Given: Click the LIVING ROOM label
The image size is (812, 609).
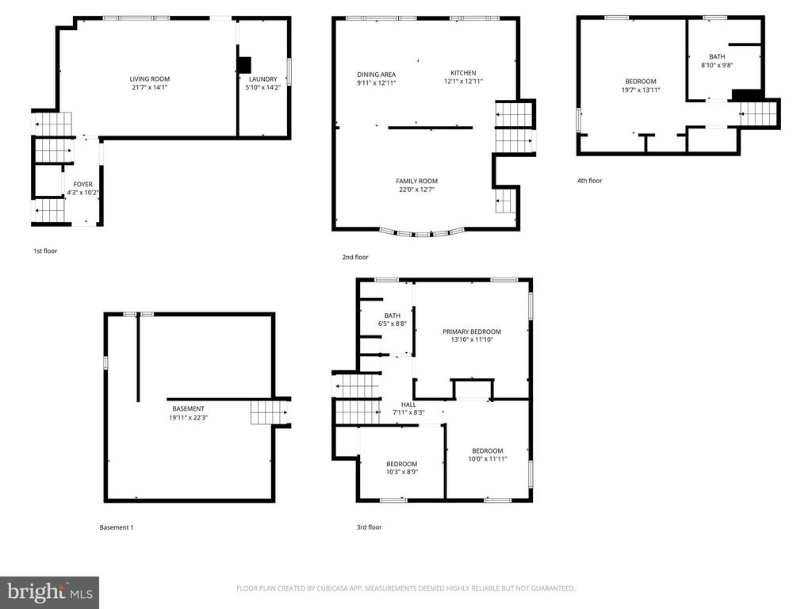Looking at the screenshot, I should coord(150,79).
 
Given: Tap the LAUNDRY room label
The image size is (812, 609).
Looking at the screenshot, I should coord(262,79).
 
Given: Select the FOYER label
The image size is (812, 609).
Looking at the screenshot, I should coord(83,185).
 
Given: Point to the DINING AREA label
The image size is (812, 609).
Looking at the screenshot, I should coord(376,75).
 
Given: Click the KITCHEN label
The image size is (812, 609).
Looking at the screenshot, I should coord(463,73).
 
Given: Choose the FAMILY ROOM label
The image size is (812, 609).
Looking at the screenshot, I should coord(416,182).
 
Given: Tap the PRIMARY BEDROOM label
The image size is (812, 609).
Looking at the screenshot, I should coord(472,332).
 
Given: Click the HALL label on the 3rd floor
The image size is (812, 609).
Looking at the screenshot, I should coord(408,404).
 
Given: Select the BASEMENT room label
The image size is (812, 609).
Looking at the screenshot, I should coord(188,409).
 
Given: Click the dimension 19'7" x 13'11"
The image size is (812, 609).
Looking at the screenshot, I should coord(641,90).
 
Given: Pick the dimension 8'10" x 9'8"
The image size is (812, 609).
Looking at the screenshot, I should coord(717,66).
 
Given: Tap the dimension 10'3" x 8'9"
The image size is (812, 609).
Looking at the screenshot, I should coord(402,473).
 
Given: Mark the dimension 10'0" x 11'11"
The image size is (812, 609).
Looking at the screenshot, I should coord(487,459).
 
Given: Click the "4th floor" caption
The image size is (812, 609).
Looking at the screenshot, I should coord(590,181).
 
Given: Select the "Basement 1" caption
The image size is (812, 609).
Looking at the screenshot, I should coord(117,527).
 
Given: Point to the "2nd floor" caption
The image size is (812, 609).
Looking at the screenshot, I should coord(356,257).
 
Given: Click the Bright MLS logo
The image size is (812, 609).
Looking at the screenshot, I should coord(49,592).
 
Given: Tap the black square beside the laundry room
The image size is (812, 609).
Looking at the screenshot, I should coord(244,65).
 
